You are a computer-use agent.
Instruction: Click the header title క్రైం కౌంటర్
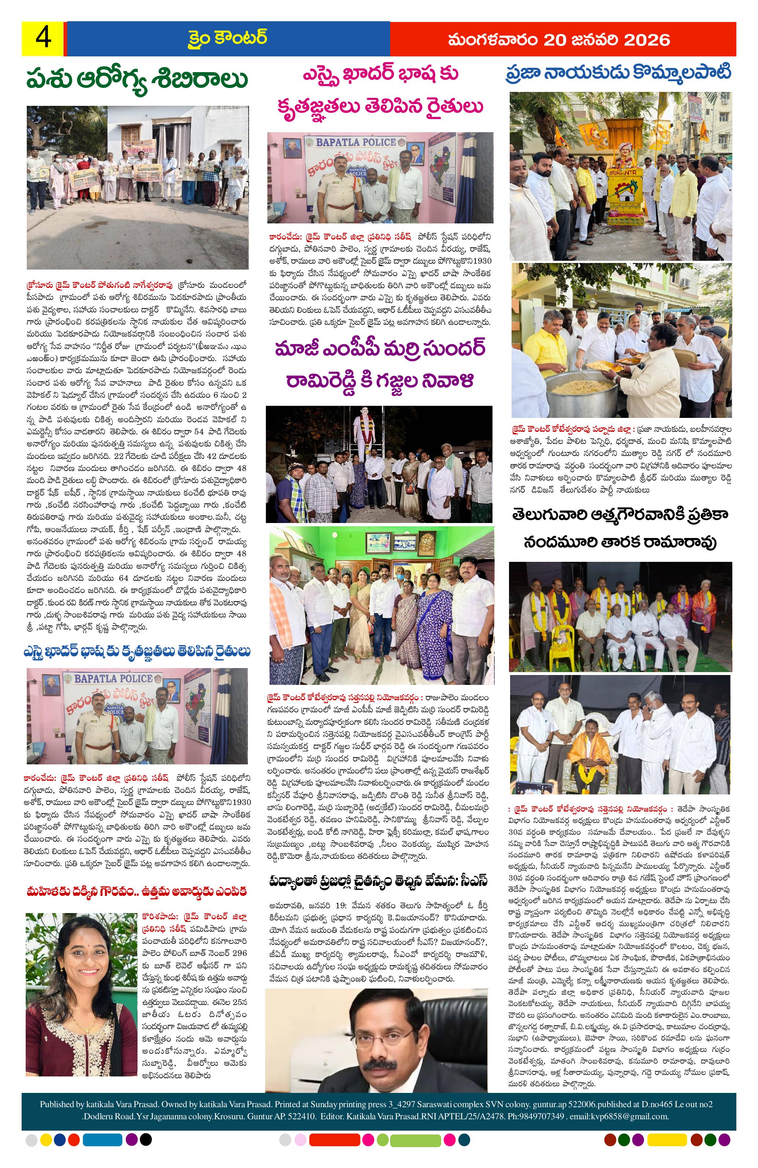(x=227, y=39)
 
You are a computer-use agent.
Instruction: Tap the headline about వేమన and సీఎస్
(x=378, y=880)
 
